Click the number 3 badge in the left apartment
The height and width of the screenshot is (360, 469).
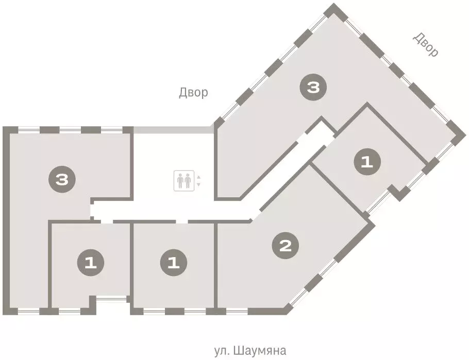62,180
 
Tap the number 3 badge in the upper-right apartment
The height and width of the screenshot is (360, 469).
313,88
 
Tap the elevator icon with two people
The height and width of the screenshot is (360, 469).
183,180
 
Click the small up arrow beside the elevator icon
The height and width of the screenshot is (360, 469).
198,177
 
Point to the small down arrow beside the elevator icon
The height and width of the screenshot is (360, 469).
198,184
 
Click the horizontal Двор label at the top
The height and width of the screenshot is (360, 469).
193,93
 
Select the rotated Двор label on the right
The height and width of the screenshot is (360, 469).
426,45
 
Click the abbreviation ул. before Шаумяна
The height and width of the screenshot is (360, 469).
222,351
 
